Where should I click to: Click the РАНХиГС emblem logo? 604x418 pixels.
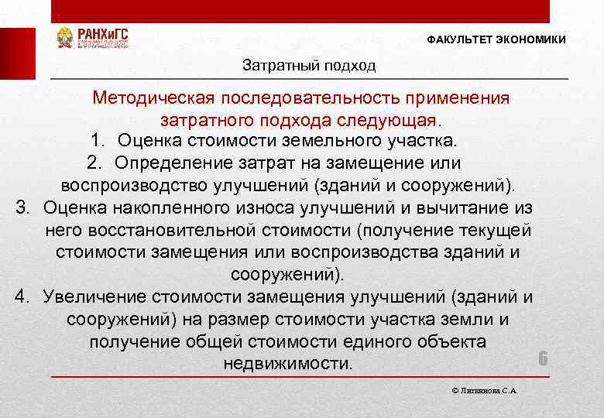(x=65, y=38)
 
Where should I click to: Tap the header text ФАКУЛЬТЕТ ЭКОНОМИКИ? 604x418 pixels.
(x=496, y=39)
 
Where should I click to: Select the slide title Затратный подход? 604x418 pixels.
(x=309, y=65)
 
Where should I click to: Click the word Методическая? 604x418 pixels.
(x=153, y=98)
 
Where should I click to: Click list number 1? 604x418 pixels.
(x=96, y=142)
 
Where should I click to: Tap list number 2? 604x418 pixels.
(x=94, y=163)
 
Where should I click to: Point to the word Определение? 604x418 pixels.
(x=173, y=163)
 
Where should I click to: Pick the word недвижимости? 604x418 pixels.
(x=287, y=363)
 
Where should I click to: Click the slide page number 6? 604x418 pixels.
(x=543, y=358)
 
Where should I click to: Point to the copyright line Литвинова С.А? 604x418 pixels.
(x=484, y=391)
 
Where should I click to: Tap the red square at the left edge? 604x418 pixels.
(x=17, y=53)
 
